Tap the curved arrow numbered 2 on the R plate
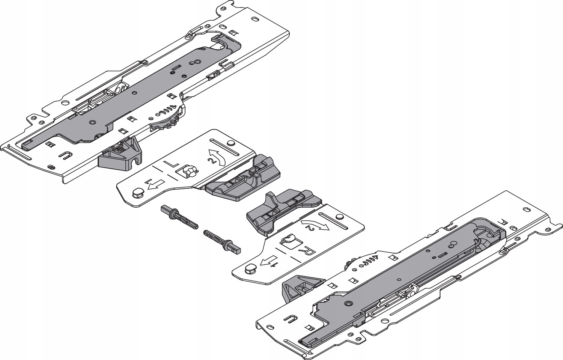[315, 224]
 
